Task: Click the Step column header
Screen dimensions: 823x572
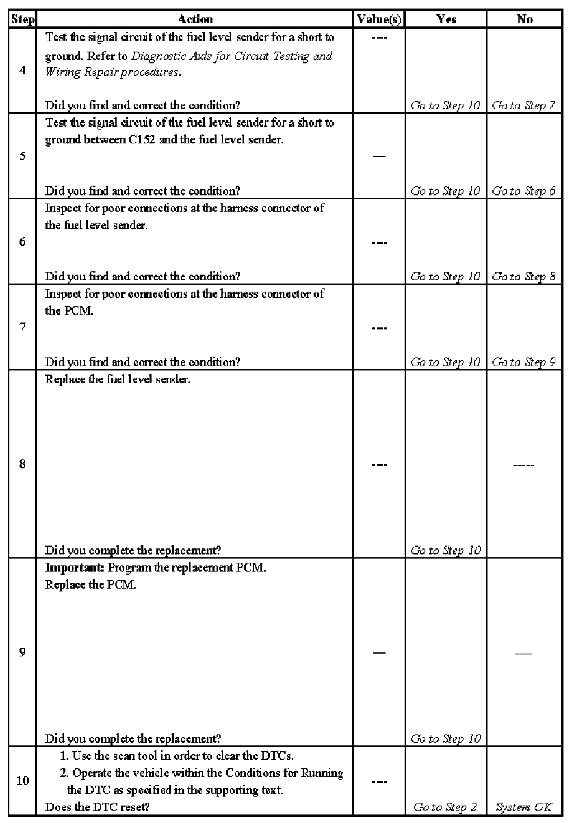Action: pyautogui.click(x=23, y=19)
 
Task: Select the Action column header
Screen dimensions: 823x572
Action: pyautogui.click(x=195, y=19)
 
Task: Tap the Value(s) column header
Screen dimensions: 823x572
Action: pyautogui.click(x=379, y=19)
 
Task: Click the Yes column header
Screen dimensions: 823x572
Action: pyautogui.click(x=446, y=19)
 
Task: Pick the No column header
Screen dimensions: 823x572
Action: pyautogui.click(x=524, y=19)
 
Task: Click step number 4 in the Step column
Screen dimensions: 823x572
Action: pyautogui.click(x=23, y=70)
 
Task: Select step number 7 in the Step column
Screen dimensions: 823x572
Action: pyautogui.click(x=23, y=327)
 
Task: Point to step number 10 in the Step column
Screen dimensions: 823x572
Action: pyautogui.click(x=23, y=780)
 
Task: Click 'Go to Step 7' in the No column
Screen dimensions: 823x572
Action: pyautogui.click(x=524, y=106)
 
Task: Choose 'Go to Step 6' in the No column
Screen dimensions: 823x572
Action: pyautogui.click(x=524, y=191)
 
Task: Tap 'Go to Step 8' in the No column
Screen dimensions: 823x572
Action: pyautogui.click(x=524, y=277)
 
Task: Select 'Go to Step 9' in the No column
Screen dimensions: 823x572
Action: pyautogui.click(x=524, y=362)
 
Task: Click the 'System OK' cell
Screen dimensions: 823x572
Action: pyautogui.click(x=524, y=807)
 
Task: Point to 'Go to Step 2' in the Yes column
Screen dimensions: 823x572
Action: pyautogui.click(x=445, y=807)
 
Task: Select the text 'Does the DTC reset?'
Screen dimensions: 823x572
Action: pyautogui.click(x=97, y=807)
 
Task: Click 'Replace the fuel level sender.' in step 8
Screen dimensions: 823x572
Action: pyautogui.click(x=117, y=379)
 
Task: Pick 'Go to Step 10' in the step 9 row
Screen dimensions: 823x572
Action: pyautogui.click(x=446, y=739)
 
